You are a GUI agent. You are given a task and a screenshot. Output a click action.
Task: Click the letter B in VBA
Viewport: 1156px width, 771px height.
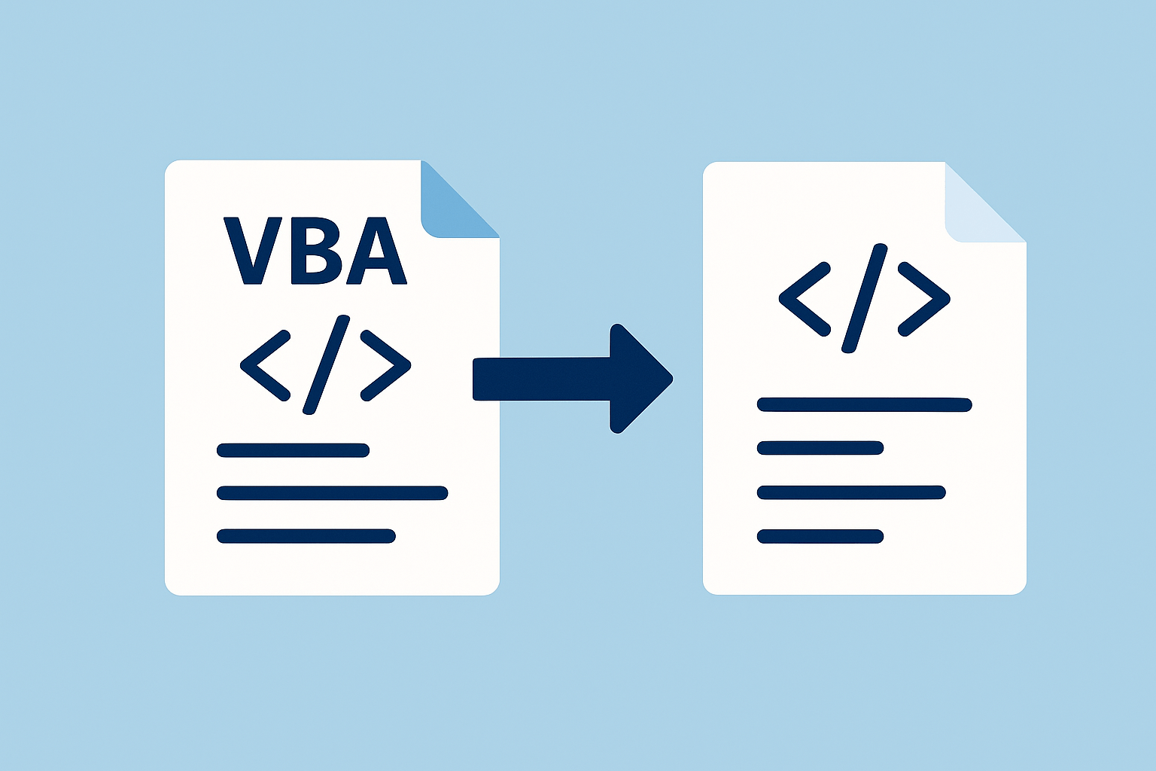(316, 251)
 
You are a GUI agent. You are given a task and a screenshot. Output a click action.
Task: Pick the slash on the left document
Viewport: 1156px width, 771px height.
(326, 364)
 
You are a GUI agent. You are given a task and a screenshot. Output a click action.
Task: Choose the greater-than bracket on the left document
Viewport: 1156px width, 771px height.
(386, 365)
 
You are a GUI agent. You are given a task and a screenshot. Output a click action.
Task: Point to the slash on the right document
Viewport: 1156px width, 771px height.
(864, 298)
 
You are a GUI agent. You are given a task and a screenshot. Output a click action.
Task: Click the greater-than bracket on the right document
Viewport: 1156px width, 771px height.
(924, 299)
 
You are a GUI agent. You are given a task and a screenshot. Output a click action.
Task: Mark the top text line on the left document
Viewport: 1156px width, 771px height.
(293, 450)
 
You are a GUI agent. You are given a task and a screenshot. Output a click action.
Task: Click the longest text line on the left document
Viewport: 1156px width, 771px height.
(332, 493)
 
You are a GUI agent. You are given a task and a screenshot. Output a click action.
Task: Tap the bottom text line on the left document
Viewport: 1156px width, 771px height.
(306, 536)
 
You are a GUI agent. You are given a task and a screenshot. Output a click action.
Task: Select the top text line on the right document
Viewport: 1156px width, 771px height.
(864, 405)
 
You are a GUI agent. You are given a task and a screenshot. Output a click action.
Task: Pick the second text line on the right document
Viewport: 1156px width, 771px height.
(820, 448)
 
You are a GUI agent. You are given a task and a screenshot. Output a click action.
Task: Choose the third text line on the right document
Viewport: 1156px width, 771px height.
(850, 493)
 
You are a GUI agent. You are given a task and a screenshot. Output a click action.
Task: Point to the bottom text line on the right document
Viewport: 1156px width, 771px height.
(820, 537)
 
